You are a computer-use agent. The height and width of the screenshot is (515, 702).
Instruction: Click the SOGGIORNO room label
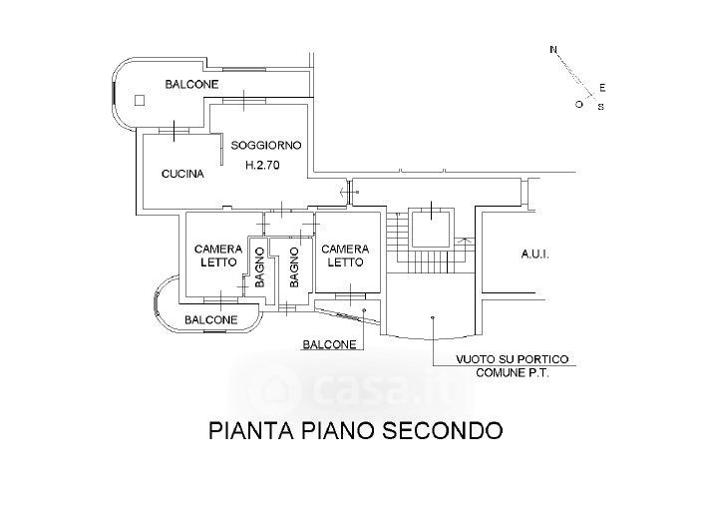click(x=266, y=146)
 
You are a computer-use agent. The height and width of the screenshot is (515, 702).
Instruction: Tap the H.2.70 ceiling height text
click(x=262, y=165)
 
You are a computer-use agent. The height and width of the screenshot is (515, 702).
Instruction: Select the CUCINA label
click(x=182, y=174)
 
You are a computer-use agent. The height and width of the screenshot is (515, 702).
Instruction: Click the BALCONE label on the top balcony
click(x=191, y=84)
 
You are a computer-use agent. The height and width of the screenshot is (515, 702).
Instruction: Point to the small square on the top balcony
click(x=140, y=101)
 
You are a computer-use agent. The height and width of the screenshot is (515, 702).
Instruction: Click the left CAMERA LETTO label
click(x=218, y=256)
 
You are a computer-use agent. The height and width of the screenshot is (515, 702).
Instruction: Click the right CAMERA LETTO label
click(x=345, y=256)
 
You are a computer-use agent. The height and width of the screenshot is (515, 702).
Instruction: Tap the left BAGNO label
click(x=259, y=267)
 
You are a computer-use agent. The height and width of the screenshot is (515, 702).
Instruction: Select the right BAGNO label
click(x=294, y=267)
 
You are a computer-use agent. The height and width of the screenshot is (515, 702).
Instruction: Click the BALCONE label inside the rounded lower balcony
click(x=210, y=320)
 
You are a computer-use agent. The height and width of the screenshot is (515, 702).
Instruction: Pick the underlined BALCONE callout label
click(x=329, y=344)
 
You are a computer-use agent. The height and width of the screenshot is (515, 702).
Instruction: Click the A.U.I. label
click(x=535, y=255)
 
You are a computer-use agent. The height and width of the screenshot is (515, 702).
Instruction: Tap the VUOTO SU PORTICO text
click(x=513, y=359)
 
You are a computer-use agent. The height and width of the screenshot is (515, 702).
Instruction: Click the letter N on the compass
click(x=553, y=50)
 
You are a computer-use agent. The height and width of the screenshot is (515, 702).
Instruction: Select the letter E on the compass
click(x=602, y=88)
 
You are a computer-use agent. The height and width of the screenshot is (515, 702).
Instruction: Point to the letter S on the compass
click(x=601, y=107)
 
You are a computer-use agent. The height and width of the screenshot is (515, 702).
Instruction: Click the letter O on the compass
click(x=579, y=105)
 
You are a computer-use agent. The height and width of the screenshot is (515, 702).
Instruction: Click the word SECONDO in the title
click(x=443, y=431)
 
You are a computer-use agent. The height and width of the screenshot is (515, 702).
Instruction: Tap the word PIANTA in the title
click(x=250, y=431)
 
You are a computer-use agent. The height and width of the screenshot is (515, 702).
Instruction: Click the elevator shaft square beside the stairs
click(x=430, y=229)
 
